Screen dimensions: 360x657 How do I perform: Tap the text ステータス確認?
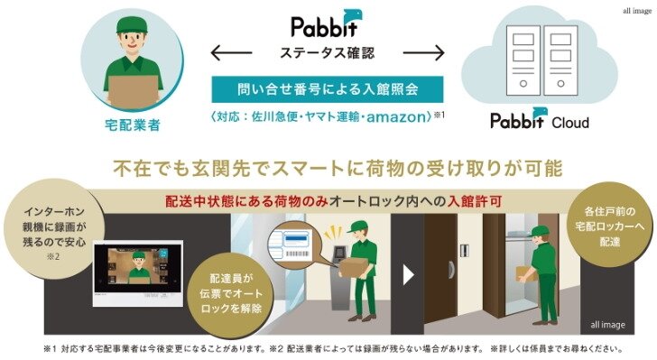[327, 53]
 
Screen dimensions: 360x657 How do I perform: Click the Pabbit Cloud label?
[539, 120]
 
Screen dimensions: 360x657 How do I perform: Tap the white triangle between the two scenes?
[409, 276]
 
